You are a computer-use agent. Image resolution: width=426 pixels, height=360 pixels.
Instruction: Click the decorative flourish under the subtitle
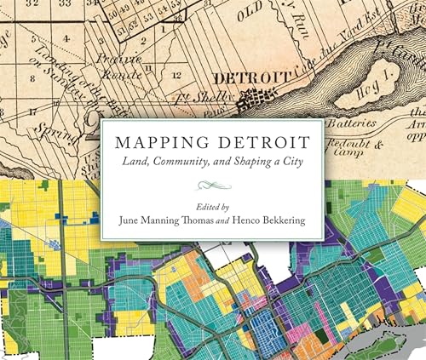pyautogui.click(x=213, y=185)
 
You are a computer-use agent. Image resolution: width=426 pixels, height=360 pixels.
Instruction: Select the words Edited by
pyautogui.click(x=213, y=207)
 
